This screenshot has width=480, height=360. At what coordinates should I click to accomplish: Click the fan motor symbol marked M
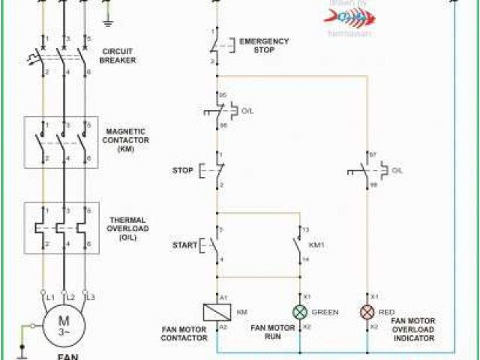pyautogui.click(x=64, y=324)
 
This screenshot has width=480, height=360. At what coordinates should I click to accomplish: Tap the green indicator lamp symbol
pyautogui.click(x=299, y=312)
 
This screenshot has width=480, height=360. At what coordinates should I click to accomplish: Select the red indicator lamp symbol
pyautogui.click(x=367, y=312)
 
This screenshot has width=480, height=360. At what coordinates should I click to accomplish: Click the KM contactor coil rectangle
pyautogui.click(x=217, y=312)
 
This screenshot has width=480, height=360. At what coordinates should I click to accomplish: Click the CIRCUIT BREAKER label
pyautogui.click(x=118, y=56)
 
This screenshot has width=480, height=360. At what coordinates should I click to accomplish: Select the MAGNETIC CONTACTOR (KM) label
pyautogui.click(x=126, y=139)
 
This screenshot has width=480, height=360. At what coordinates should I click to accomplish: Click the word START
pyautogui.click(x=184, y=245)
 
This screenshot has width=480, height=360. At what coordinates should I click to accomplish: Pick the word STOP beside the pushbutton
pyautogui.click(x=182, y=170)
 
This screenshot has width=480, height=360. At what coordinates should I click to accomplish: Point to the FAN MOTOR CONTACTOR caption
pyautogui.click(x=184, y=333)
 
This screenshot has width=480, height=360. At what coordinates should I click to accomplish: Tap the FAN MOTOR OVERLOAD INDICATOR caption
pyautogui.click(x=414, y=329)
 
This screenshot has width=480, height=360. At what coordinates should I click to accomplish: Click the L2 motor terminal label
pyautogui.click(x=70, y=298)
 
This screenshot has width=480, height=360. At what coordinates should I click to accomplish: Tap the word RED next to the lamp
pyautogui.click(x=388, y=312)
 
